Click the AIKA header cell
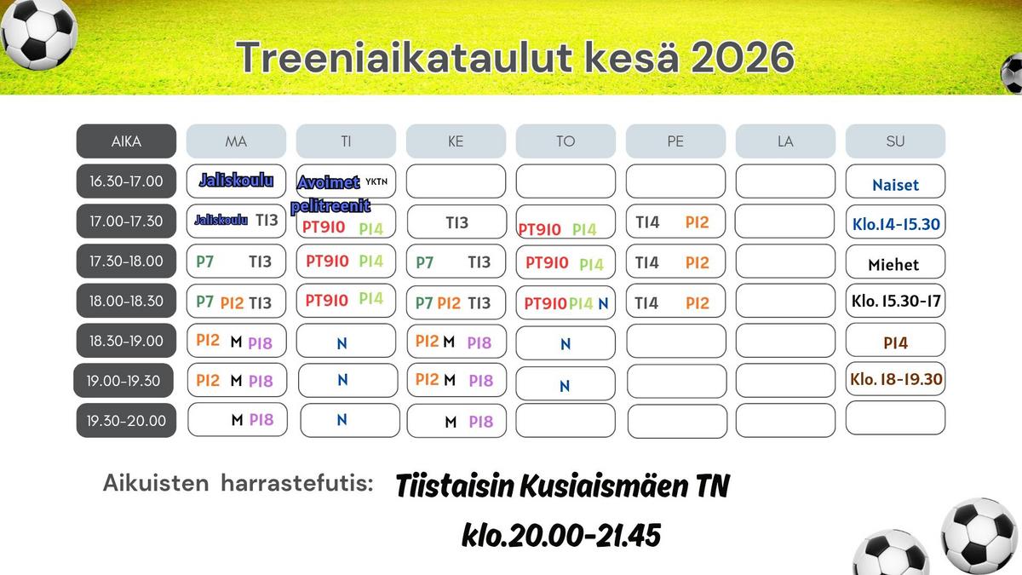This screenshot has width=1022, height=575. pyautogui.click(x=126, y=141)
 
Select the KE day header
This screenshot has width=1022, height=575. pyautogui.click(x=456, y=141)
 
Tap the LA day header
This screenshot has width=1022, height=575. pyautogui.click(x=785, y=141)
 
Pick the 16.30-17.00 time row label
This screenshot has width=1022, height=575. pyautogui.click(x=126, y=181)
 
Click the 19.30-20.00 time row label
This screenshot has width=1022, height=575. pyautogui.click(x=126, y=420)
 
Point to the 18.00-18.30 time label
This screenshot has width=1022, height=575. pyautogui.click(x=126, y=301)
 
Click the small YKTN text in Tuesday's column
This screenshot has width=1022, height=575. pyautogui.click(x=376, y=181)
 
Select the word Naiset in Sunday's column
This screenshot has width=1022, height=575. pyautogui.click(x=895, y=185)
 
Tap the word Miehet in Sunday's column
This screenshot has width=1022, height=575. pyautogui.click(x=893, y=265)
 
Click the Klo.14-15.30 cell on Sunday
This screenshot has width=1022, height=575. pyautogui.click(x=896, y=222)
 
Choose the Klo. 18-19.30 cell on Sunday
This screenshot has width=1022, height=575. pyautogui.click(x=896, y=379)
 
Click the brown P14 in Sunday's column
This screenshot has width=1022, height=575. pyautogui.click(x=895, y=342)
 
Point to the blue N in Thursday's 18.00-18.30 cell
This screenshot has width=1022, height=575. pyautogui.click(x=603, y=303)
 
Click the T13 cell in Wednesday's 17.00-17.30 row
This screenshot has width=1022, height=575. pyautogui.click(x=456, y=221)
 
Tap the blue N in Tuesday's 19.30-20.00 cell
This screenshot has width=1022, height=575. pyautogui.click(x=342, y=419)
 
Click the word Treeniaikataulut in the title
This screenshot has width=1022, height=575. pyautogui.click(x=405, y=58)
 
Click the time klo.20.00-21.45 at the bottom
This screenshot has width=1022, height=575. pyautogui.click(x=561, y=535)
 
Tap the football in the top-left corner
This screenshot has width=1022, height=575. pyautogui.click(x=39, y=34)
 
